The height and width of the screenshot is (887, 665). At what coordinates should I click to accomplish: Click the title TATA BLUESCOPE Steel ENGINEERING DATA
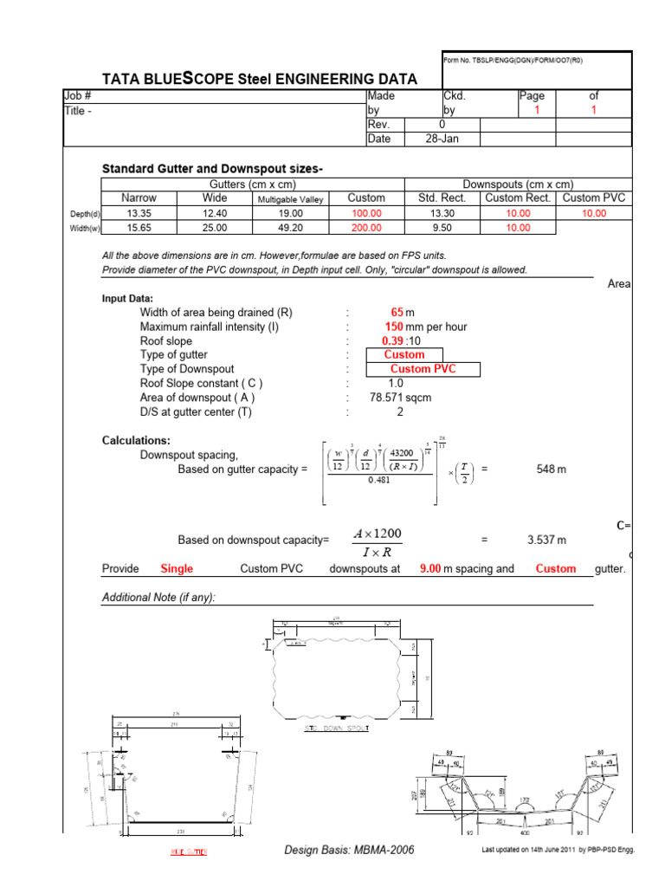260,79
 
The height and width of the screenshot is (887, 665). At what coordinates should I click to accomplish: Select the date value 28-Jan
442,139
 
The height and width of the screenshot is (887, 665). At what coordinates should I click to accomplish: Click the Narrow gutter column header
139,198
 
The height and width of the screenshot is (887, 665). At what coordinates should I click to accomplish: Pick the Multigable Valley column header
289,199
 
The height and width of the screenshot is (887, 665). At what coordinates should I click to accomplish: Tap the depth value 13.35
139,213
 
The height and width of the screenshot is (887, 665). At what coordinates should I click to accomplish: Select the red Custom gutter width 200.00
366,228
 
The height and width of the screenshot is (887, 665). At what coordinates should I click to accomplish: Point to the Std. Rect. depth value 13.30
442,213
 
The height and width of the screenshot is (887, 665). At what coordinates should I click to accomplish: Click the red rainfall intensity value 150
395,327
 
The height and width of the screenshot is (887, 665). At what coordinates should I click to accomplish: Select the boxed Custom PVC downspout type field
423,369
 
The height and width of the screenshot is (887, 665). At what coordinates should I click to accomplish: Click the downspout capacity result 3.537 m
546,540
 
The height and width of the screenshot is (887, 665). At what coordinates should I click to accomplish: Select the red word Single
177,569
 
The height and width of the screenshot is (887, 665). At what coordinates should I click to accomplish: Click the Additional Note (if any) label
158,598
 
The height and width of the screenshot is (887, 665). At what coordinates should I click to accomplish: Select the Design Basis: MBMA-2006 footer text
349,850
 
